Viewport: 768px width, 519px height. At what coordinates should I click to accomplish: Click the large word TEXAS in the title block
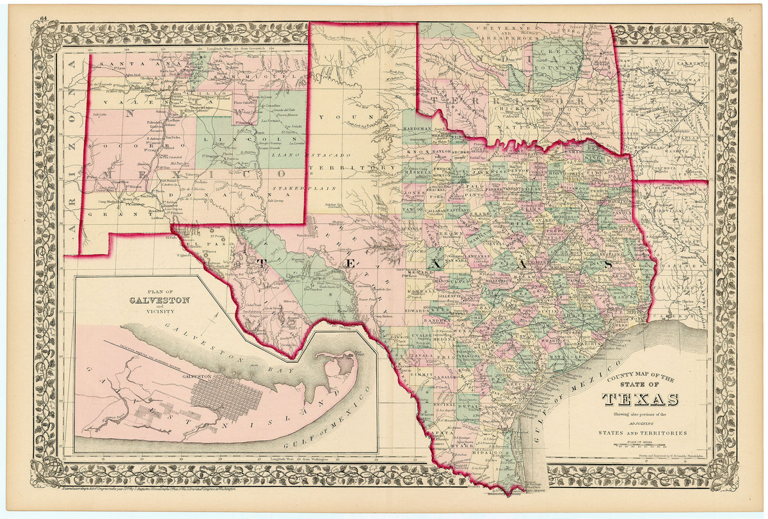tap(641, 400)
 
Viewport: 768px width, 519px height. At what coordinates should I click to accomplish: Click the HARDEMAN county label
tap(417, 129)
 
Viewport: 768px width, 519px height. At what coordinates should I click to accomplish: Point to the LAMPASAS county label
tap(476, 255)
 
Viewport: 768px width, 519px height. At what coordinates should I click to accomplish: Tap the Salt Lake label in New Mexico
tap(99, 115)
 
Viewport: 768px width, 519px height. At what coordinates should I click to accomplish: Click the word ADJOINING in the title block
tap(642, 424)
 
